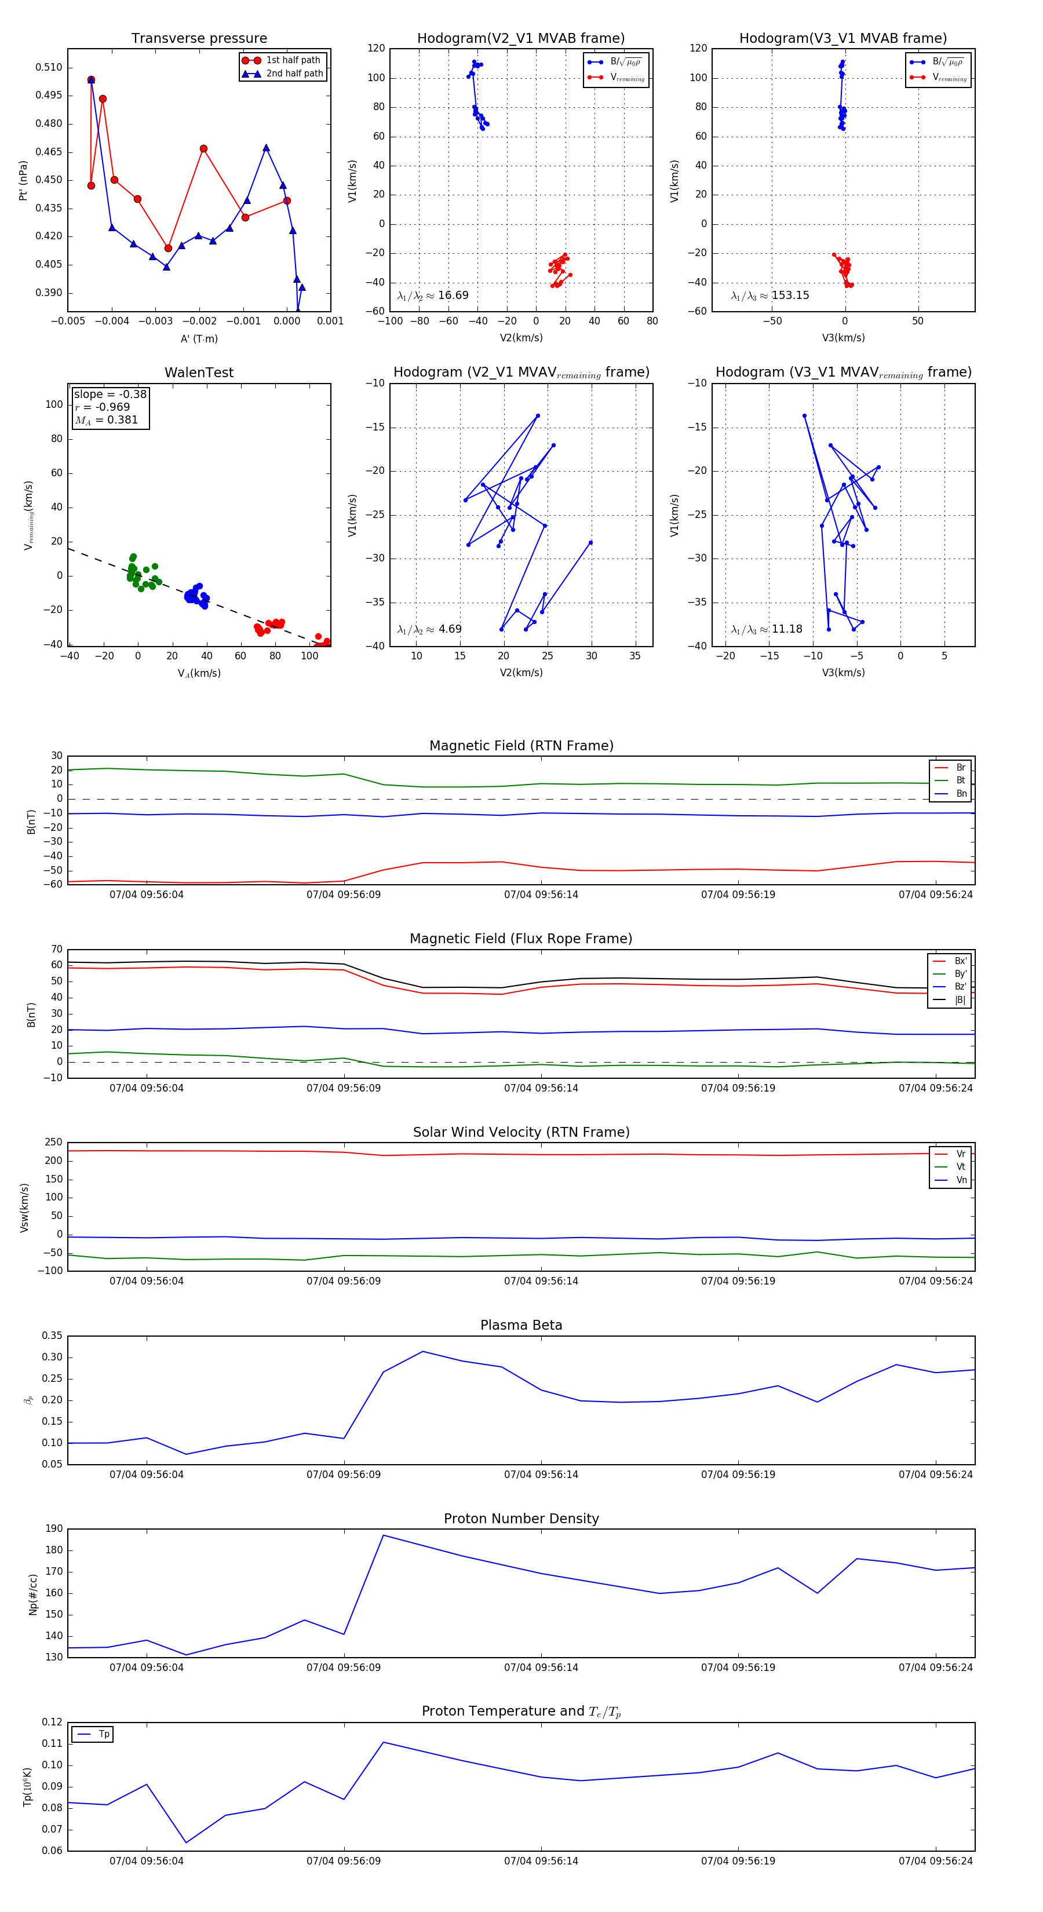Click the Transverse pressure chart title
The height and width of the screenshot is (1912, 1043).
pyautogui.click(x=199, y=39)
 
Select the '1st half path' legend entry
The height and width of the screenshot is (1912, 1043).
pyautogui.click(x=293, y=60)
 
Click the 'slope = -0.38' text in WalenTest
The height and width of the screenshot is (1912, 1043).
pyautogui.click(x=110, y=394)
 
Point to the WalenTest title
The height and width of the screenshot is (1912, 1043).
pyautogui.click(x=199, y=373)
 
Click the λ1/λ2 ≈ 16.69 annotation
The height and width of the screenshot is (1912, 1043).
pyautogui.click(x=433, y=295)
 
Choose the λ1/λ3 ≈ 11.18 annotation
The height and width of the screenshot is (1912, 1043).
pyautogui.click(x=767, y=629)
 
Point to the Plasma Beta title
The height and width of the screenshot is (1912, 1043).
pyautogui.click(x=521, y=1325)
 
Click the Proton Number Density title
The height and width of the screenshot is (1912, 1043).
pyautogui.click(x=521, y=1518)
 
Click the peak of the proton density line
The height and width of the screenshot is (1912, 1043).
pyautogui.click(x=383, y=1535)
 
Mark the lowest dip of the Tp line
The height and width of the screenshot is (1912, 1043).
pyautogui.click(x=185, y=1842)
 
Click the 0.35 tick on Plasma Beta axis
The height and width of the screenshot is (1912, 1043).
pyautogui.click(x=52, y=1336)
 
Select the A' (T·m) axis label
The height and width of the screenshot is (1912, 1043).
pyautogui.click(x=199, y=338)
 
